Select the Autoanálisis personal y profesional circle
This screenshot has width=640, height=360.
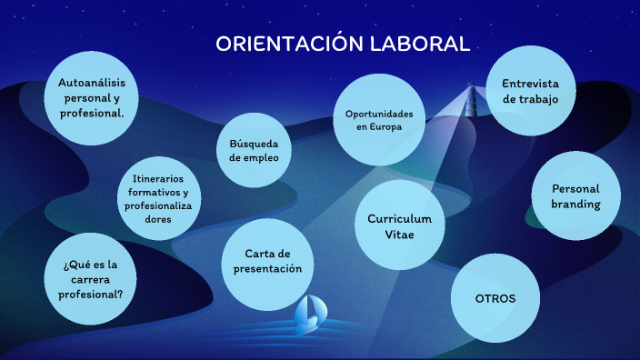tap(91, 97)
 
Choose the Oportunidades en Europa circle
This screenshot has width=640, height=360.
tap(379, 120)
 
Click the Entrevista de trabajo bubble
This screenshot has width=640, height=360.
tap(530, 91)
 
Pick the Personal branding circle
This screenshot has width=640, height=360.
tap(575, 196)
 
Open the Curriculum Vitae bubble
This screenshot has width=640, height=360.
tap(399, 227)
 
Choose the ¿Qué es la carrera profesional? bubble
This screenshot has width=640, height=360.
tap(91, 279)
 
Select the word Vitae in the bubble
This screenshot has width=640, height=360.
tap(399, 235)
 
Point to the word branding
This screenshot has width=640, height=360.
tap(575, 204)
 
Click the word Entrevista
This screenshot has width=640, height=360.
tap(530, 84)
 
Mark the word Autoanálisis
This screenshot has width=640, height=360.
tap(91, 83)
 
